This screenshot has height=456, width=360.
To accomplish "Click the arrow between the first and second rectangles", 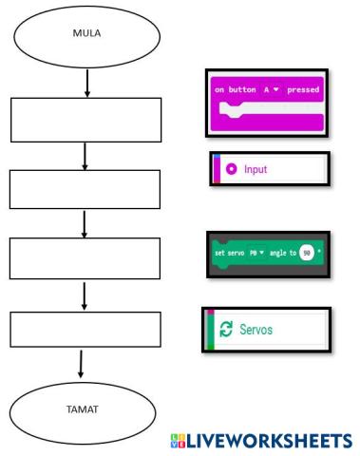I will (x=86, y=155).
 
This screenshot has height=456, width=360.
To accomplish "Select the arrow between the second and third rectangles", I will (x=86, y=223).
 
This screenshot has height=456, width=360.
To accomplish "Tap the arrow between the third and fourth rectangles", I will (x=86, y=294).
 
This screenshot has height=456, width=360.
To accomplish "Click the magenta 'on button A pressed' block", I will (x=267, y=100).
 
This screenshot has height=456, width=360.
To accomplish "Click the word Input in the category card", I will (x=256, y=169).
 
